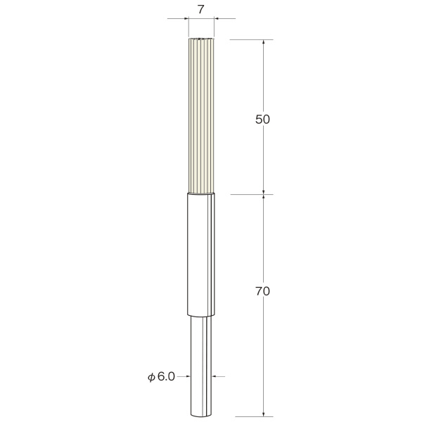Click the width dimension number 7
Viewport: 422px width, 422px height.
201,9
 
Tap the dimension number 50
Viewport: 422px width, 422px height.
262,120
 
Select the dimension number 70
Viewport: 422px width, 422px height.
262,291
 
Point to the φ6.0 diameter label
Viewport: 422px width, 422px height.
162,376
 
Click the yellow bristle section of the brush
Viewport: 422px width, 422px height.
201,116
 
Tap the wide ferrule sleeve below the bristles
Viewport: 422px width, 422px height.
201,255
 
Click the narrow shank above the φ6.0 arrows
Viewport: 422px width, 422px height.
201,345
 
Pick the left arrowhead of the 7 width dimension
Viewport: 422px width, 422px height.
186,18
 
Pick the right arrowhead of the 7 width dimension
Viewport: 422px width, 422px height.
217,18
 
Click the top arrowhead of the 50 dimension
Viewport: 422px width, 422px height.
264,42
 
